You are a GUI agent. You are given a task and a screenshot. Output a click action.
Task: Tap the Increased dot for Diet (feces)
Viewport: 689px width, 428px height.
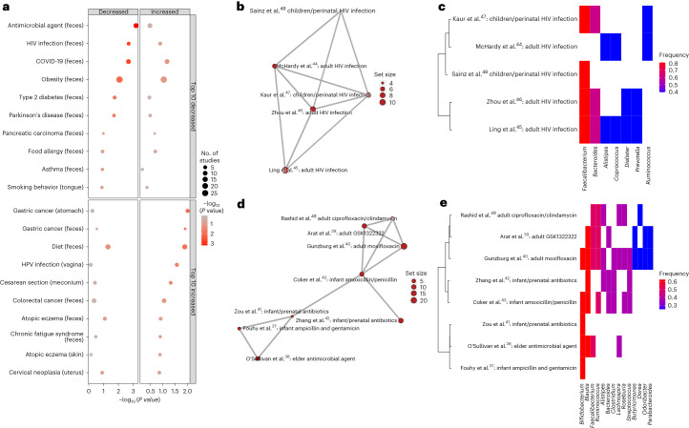coord(175,246)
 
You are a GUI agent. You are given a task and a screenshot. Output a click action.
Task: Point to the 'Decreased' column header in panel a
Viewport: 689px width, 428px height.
coord(113,11)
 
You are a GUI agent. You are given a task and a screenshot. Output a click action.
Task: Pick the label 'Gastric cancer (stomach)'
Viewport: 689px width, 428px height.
coord(46,210)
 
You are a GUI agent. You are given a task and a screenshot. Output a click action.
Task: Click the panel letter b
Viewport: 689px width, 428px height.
coord(240,7)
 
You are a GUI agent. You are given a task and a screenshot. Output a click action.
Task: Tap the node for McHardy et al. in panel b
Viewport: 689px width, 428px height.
coord(275,66)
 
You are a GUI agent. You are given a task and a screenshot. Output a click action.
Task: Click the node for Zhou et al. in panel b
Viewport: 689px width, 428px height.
coord(313,110)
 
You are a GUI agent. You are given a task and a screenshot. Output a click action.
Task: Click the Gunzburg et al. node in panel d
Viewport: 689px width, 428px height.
coord(405,246)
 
